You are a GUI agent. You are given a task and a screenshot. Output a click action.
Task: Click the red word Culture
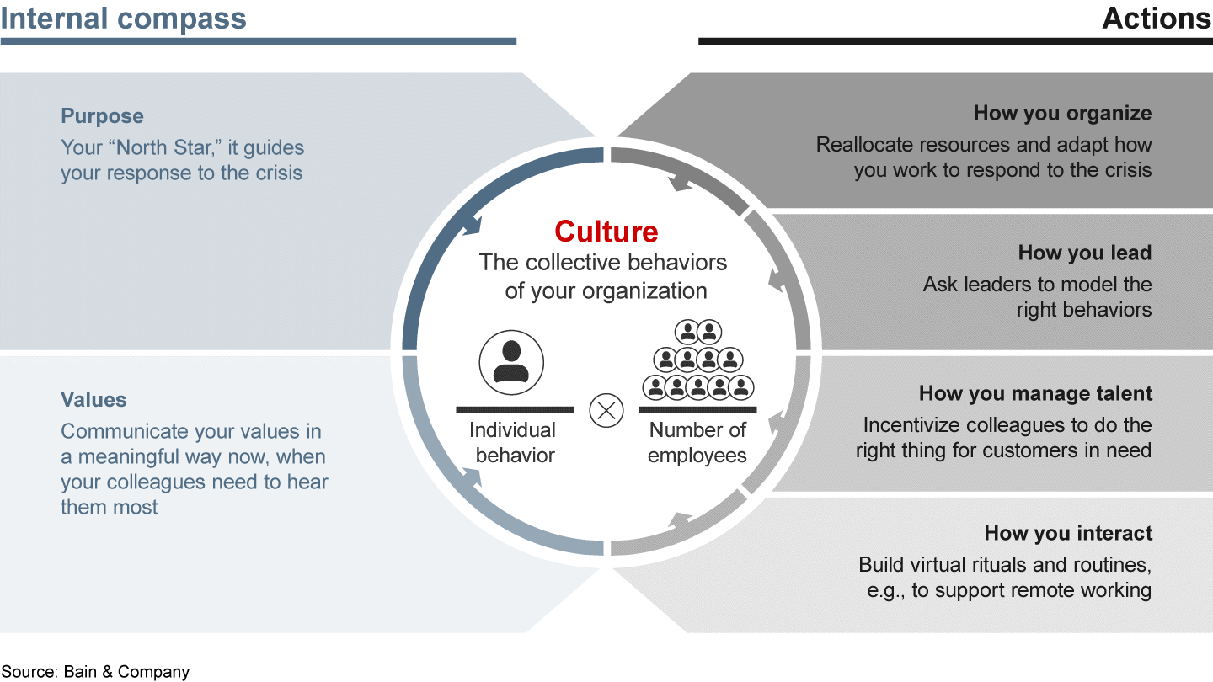coord(606,231)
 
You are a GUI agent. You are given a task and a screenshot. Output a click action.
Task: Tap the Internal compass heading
coord(124,19)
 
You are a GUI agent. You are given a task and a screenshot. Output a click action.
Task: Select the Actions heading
coord(1157,19)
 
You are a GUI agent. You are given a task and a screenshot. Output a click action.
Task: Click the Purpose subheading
coord(102,116)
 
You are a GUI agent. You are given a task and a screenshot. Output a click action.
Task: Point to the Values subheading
coord(94,400)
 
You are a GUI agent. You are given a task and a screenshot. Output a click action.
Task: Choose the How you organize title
coord(1062,113)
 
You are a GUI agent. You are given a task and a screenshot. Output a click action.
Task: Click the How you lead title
coord(1084,253)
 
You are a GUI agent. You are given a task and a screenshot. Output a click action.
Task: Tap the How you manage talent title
coord(1035,393)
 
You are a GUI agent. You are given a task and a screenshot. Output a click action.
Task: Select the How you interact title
coord(1067,533)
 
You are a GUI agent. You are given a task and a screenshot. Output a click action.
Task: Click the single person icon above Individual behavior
coord(511,363)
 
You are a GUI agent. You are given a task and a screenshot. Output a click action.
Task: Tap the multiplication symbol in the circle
coord(606,411)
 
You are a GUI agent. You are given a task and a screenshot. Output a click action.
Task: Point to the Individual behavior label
coord(513,443)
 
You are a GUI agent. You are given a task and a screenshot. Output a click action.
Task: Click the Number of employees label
coord(697,443)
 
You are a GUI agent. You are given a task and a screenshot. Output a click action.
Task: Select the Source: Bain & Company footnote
coord(95,671)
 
